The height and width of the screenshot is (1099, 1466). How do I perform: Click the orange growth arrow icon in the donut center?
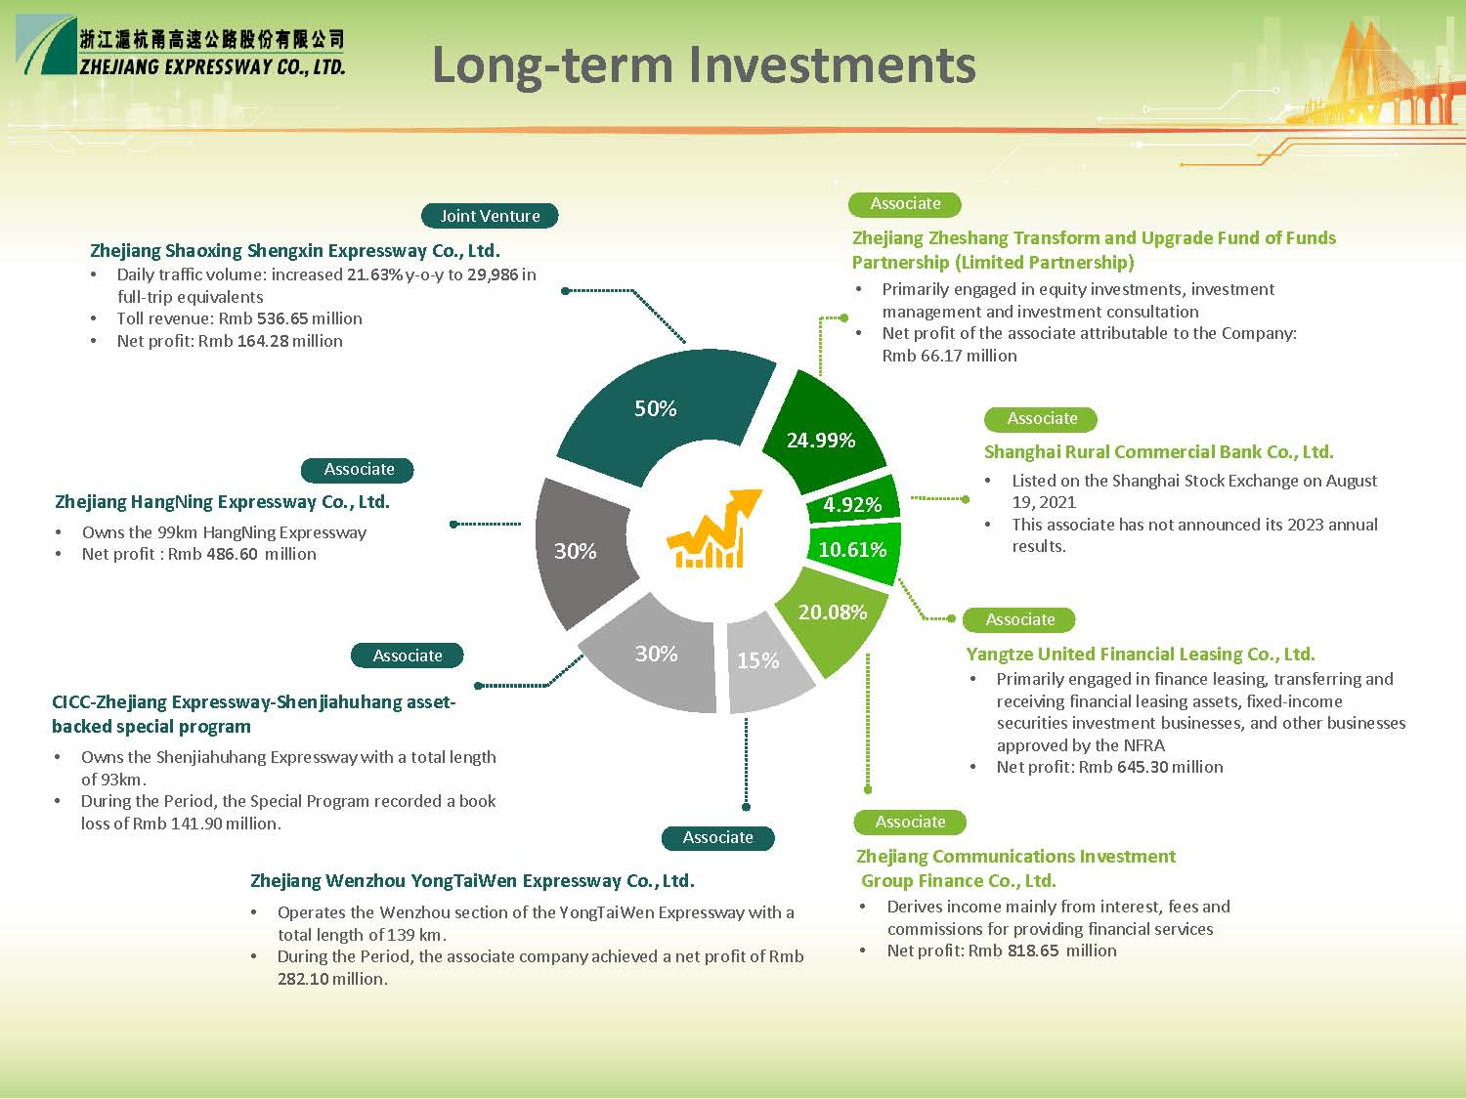(713, 528)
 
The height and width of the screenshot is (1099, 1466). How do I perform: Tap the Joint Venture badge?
(490, 216)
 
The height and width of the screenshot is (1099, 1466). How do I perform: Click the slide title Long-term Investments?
(704, 65)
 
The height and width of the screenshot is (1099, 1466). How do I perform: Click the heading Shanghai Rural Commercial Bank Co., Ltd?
(1159, 451)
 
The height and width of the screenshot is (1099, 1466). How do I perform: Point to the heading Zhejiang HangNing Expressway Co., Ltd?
(222, 502)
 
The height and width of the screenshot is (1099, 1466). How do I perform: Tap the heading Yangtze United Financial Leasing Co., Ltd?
(1141, 654)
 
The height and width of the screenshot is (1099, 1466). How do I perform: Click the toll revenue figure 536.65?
(281, 318)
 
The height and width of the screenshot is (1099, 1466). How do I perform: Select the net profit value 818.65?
(1033, 951)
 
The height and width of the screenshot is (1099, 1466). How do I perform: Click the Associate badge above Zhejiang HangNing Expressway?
(358, 470)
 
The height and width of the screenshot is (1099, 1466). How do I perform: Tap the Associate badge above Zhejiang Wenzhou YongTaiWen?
(718, 837)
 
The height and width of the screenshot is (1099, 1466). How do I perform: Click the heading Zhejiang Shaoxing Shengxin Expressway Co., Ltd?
(294, 251)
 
